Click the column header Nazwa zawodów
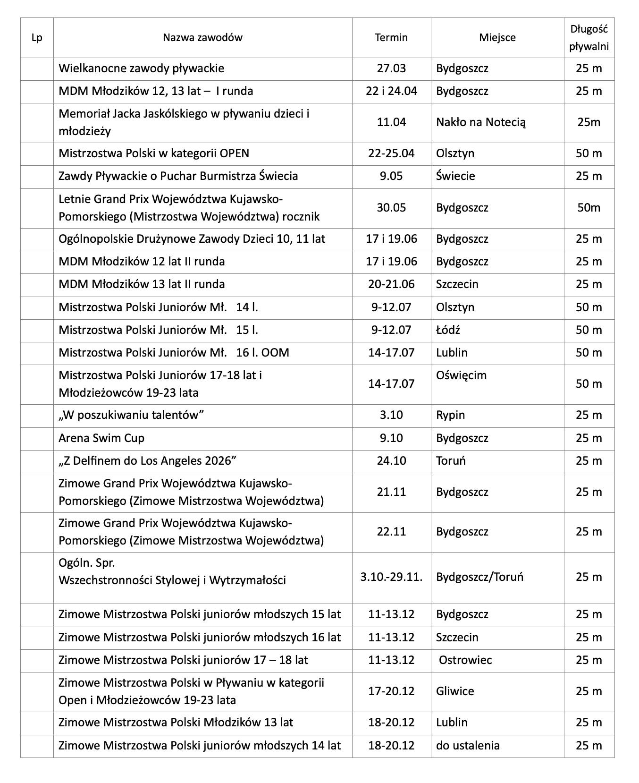tap(202, 38)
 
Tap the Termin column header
tap(391, 38)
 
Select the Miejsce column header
tap(497, 38)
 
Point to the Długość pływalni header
tap(589, 38)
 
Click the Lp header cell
tap(37, 38)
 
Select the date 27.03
tap(391, 68)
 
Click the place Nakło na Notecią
tap(480, 122)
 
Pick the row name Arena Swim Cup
tap(101, 438)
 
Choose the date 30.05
tap(391, 208)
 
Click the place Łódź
tap(448, 330)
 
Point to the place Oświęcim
tap(461, 375)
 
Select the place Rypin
tap(450, 415)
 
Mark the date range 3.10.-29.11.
tap(391, 577)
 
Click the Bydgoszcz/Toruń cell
tap(479, 577)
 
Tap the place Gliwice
tap(455, 691)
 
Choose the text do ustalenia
tap(468, 746)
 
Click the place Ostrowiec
tap(465, 660)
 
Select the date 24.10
tap(391, 461)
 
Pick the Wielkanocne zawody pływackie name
tap(141, 68)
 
